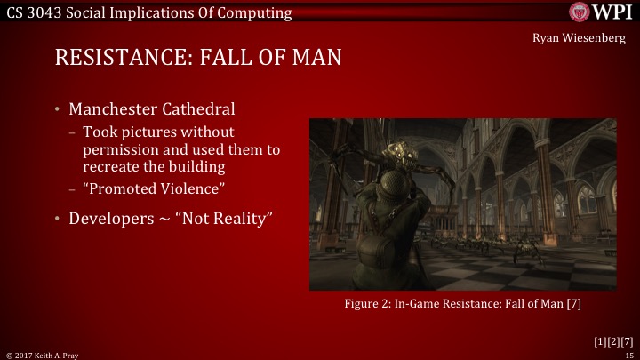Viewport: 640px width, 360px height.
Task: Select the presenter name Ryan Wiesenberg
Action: point(583,38)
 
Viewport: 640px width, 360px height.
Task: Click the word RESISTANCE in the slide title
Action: point(119,59)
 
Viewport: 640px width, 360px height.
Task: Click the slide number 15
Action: point(628,354)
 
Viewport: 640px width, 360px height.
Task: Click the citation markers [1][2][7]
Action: point(613,340)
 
